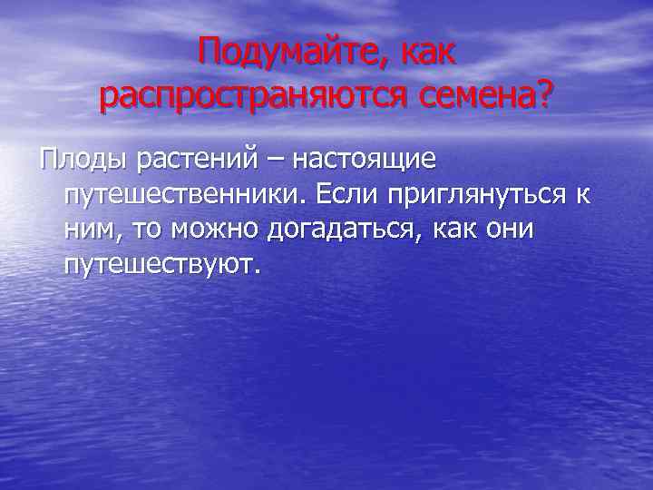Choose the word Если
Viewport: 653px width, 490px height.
(348, 194)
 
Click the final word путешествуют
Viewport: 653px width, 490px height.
(162, 265)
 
